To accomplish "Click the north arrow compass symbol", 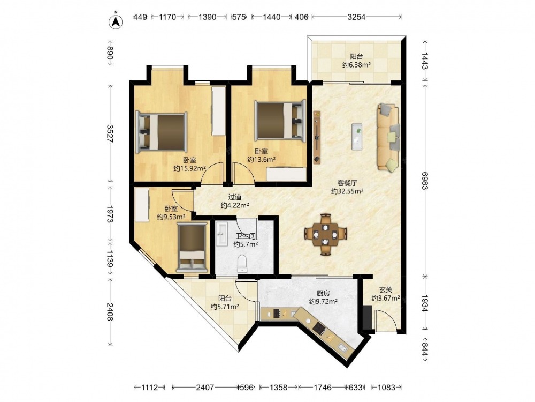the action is [116, 21].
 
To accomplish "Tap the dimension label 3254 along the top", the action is [356, 17].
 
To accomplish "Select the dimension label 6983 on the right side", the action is [424, 180].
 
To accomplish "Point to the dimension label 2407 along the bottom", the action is [205, 388].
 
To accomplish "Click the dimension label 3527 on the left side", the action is [110, 133].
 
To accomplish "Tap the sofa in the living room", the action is [388, 137].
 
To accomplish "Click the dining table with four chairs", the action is [326, 235].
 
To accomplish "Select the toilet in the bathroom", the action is [242, 264].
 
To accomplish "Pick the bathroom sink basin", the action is [222, 234].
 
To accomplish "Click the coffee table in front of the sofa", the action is [357, 136].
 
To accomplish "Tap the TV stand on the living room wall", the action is [317, 137].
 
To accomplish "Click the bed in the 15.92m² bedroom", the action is [162, 132].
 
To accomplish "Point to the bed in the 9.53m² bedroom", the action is [192, 247].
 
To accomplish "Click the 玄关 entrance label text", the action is [386, 290].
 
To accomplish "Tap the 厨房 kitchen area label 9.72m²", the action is [323, 301].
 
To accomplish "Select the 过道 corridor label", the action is [235, 197].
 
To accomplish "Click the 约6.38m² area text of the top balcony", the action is [356, 65].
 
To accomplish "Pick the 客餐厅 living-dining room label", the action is [347, 183].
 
